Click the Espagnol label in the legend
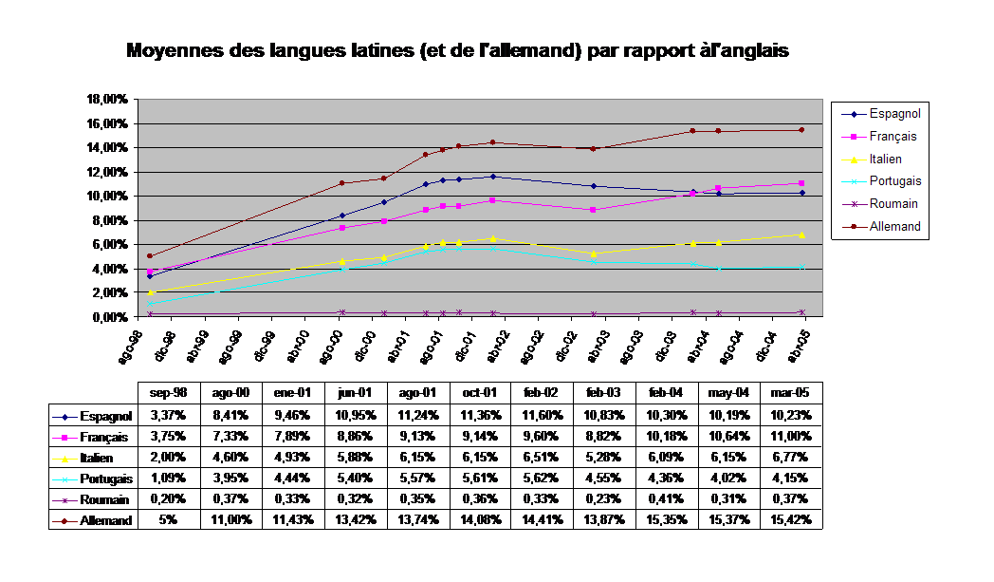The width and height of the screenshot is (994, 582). [x=894, y=114]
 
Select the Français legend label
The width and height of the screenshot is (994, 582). [x=893, y=137]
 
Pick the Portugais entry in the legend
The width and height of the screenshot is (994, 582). [x=894, y=181]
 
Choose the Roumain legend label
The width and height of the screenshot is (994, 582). [x=893, y=204]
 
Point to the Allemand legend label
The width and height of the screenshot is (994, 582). [x=894, y=227]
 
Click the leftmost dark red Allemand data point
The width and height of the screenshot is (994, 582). [x=150, y=256]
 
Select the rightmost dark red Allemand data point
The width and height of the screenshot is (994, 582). [x=801, y=130]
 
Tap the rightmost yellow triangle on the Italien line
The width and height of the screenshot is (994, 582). [x=801, y=235]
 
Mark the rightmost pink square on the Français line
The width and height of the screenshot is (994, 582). [x=801, y=183]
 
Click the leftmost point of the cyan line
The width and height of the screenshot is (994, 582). [x=150, y=304]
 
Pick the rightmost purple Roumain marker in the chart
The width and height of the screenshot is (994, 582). [x=801, y=312]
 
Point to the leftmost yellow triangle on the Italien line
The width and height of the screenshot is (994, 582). [x=150, y=292]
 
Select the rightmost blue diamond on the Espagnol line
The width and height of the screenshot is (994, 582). [x=801, y=193]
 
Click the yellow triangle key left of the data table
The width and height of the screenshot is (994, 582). [x=64, y=460]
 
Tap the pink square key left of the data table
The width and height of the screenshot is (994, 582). [x=64, y=438]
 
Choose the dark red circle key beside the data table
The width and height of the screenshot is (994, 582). [x=64, y=521]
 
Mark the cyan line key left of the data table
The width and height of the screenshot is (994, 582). [x=64, y=480]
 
